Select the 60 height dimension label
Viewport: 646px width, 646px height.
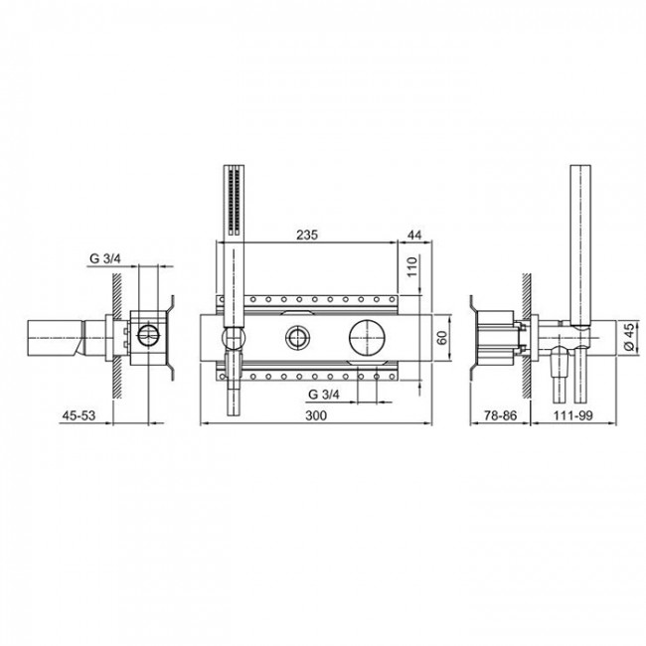tap(442, 338)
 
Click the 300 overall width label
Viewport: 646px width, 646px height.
tap(315, 417)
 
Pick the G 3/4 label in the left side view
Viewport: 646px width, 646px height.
tap(105, 258)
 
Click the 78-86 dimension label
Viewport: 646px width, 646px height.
tap(494, 417)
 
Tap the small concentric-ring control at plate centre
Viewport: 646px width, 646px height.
tap(297, 338)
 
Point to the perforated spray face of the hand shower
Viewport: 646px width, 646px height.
tap(234, 204)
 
